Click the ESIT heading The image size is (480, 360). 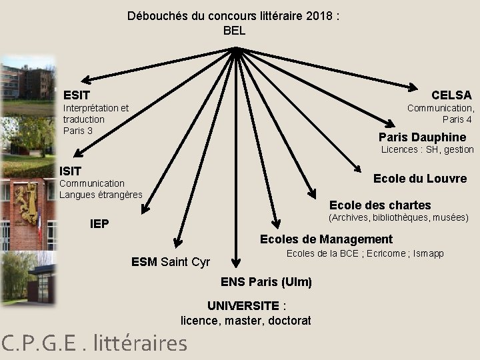click(77, 95)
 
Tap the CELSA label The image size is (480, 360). click(451, 95)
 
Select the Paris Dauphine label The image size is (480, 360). click(431, 137)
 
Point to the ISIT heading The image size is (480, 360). click(71, 172)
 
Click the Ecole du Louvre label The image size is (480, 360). click(419, 179)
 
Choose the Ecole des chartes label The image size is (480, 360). click(380, 205)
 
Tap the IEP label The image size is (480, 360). click(100, 223)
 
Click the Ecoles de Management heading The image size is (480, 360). click(326, 239)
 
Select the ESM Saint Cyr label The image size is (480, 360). click(171, 262)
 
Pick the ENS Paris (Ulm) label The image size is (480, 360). click(266, 282)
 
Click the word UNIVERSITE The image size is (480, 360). click(243, 306)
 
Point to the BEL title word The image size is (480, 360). click(234, 31)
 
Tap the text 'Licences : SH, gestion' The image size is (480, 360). click(427, 150)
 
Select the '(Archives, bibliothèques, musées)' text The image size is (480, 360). click(399, 217)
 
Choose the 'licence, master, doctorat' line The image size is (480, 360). click(246, 321)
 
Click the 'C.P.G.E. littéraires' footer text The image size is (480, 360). click(94, 343)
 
